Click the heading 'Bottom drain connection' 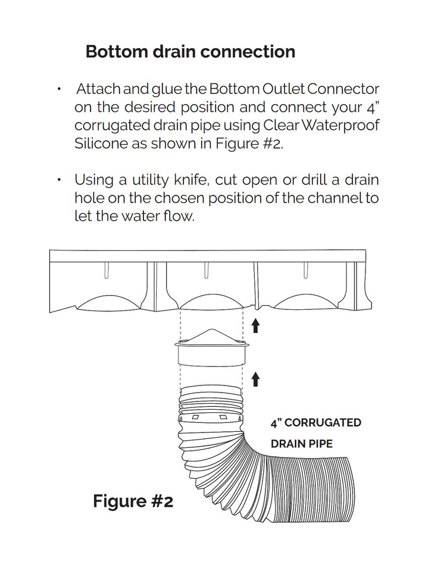tap(190, 52)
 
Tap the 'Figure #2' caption tap(132, 501)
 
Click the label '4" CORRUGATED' tap(315, 423)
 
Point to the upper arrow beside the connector tap(256, 325)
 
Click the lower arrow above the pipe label tap(256, 378)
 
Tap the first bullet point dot tap(59, 90)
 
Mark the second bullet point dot tap(59, 180)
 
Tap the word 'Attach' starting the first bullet tap(99, 90)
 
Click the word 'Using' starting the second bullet tap(92, 180)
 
